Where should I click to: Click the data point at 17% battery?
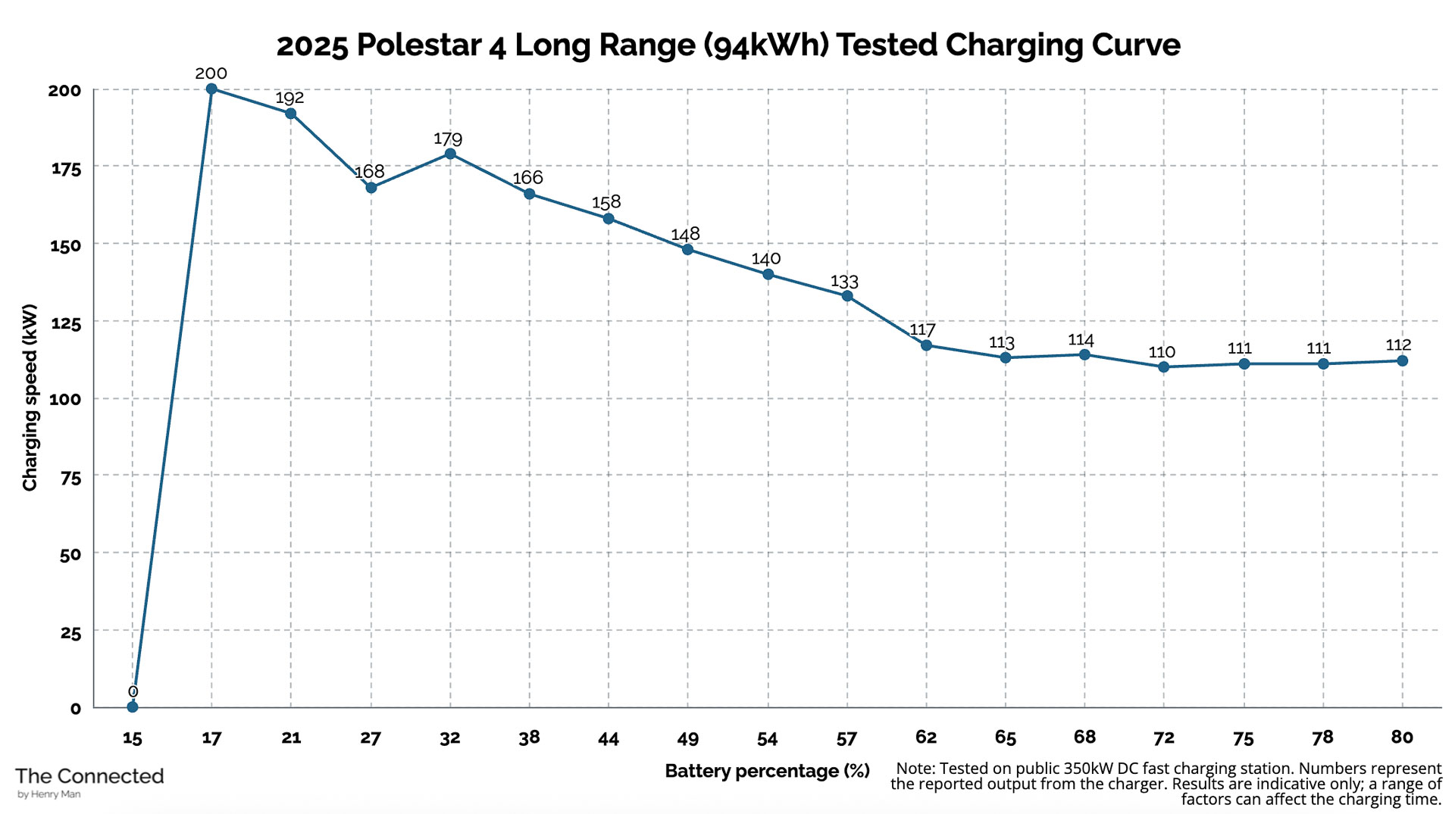211,89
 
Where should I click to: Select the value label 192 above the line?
289,98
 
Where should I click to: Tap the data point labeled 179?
450,154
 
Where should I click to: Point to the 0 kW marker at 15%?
133,706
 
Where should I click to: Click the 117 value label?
922,330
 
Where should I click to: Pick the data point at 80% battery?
1402,361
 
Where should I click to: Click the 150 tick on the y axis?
65,246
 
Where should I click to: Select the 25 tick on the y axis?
70,633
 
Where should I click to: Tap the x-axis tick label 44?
608,739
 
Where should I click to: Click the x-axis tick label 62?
925,738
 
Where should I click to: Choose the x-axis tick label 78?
1322,738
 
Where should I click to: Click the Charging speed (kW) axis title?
30,398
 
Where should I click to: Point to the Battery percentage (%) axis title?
767,771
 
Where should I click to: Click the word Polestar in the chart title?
418,45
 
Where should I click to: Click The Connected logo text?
89,776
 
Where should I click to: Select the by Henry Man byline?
48,795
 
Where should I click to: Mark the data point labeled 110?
1164,367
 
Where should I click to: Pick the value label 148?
685,234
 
